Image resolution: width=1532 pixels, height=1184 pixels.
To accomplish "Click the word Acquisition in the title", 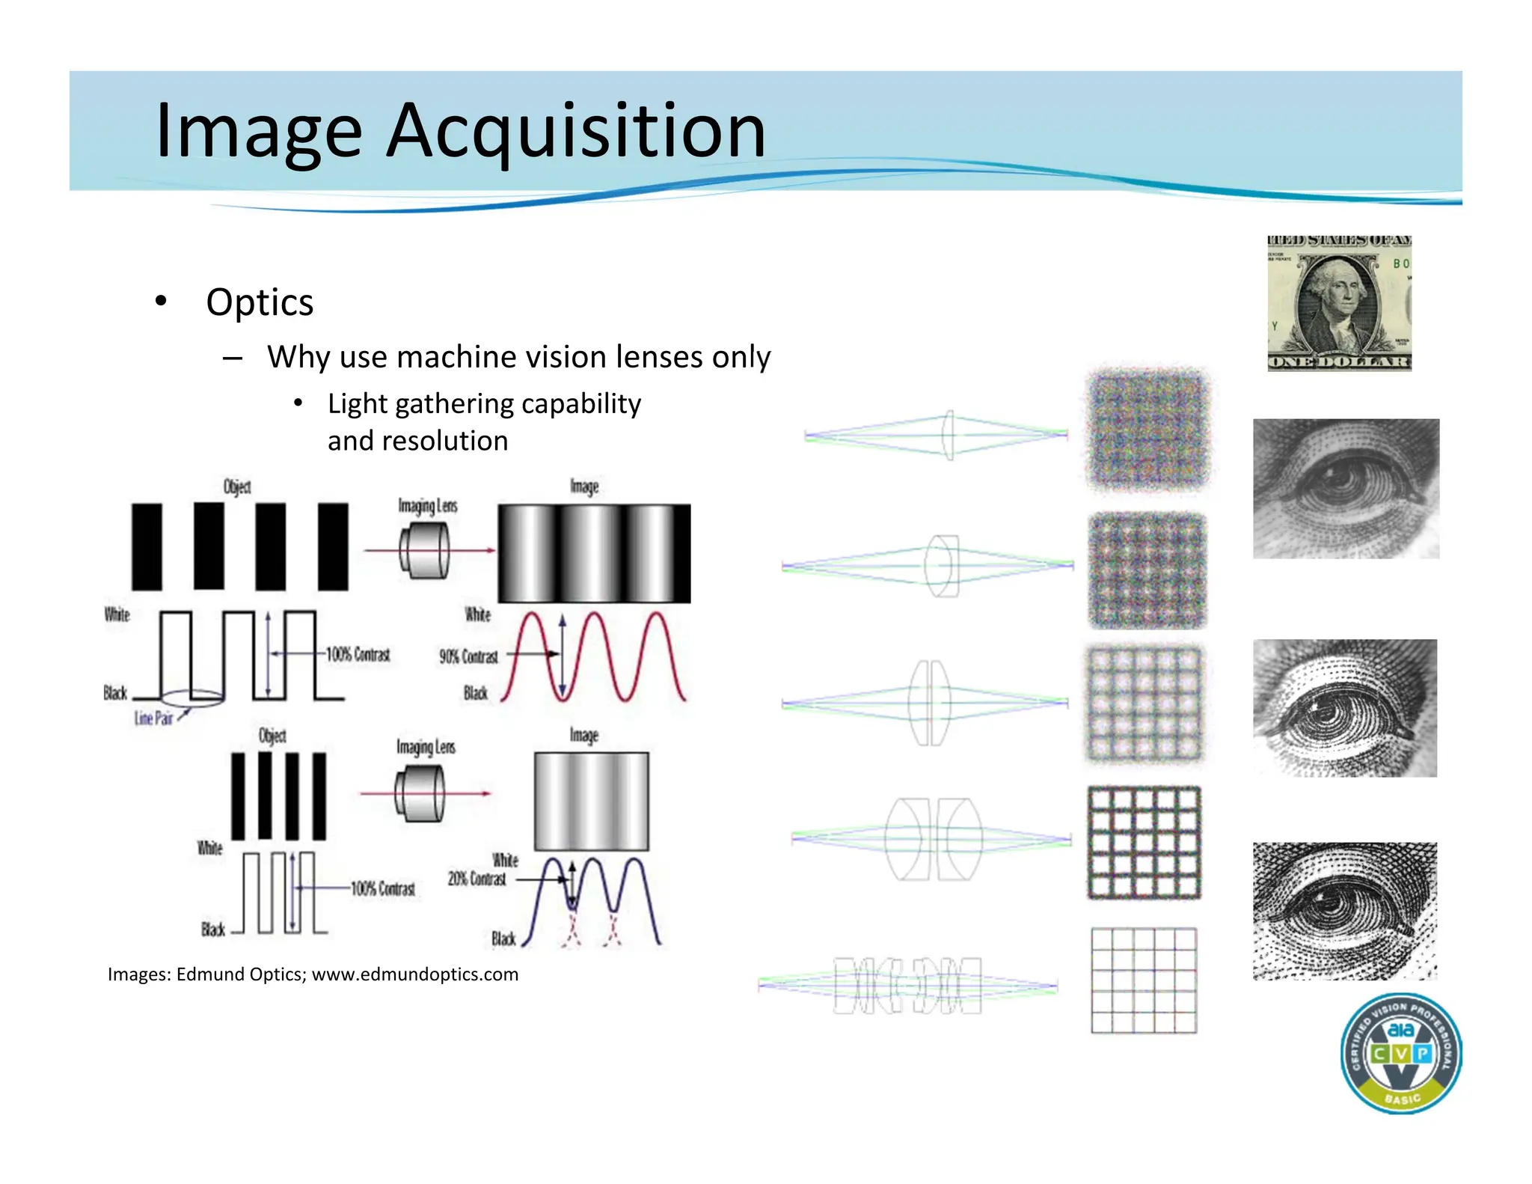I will (x=576, y=132).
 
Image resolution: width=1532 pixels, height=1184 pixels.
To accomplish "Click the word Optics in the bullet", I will (x=260, y=302).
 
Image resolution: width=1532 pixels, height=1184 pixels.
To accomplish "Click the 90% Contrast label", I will (x=468, y=656).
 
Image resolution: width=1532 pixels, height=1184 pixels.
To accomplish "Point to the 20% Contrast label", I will (x=477, y=878).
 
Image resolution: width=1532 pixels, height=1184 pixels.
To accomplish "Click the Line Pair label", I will (x=153, y=718).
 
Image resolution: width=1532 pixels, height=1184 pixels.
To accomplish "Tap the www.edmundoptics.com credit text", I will (x=414, y=974).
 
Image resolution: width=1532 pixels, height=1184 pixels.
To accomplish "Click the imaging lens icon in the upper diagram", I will (x=424, y=551).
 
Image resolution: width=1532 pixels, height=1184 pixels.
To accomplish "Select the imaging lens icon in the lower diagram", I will (x=420, y=794).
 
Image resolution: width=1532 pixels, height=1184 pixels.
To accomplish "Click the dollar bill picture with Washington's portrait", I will (x=1339, y=303).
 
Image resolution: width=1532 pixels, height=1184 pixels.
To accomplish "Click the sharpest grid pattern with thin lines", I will (x=1144, y=980).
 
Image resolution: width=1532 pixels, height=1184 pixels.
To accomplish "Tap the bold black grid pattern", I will (x=1144, y=842).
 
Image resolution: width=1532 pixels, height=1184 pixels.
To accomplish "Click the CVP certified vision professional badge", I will (x=1400, y=1054).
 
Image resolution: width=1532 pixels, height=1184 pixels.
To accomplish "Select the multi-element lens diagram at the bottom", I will (x=907, y=985).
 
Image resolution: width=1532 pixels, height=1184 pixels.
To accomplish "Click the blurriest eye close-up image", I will (x=1346, y=489).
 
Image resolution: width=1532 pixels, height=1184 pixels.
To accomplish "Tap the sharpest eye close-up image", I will (x=1345, y=911).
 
